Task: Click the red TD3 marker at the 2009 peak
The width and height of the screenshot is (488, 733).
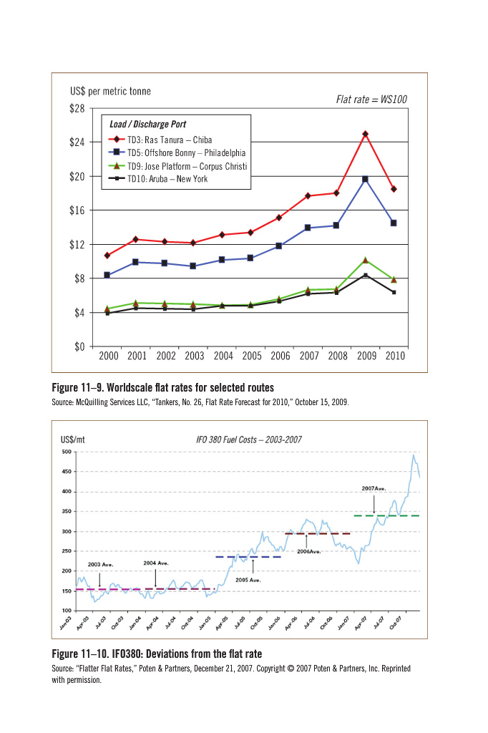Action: [366, 134]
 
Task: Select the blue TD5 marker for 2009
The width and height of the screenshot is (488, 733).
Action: [365, 179]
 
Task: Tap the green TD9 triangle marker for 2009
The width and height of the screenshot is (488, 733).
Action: [365, 260]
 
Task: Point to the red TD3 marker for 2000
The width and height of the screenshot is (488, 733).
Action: [107, 256]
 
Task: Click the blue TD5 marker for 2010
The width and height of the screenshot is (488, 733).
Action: [394, 223]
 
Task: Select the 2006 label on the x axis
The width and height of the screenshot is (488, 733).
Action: [279, 356]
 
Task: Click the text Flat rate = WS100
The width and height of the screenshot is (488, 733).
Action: [371, 99]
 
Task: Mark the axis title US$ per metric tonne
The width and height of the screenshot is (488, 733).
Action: [110, 92]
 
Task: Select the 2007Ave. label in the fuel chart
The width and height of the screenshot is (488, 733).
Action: [374, 488]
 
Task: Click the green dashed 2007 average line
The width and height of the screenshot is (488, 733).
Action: [386, 515]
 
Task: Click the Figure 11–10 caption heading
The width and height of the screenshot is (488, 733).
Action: [157, 654]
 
